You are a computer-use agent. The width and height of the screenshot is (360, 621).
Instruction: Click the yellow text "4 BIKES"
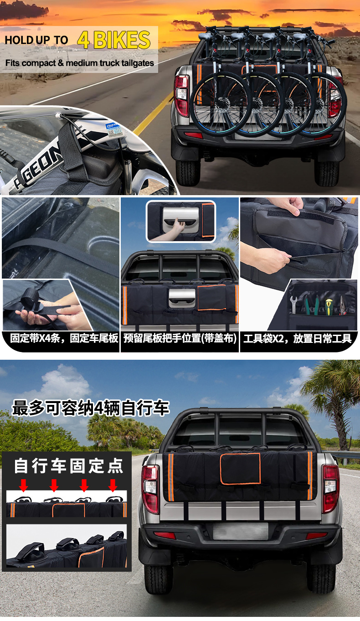tap(113, 40)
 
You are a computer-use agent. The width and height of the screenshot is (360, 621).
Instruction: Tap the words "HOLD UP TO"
tap(36, 40)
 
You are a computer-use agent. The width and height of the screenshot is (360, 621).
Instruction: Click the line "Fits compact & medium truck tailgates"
tap(80, 63)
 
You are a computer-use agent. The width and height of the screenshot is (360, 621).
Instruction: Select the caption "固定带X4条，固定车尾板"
tap(60, 339)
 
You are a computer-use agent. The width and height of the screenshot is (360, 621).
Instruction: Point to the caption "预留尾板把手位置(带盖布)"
tap(180, 339)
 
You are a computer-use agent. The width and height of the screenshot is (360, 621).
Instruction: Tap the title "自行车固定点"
tap(68, 466)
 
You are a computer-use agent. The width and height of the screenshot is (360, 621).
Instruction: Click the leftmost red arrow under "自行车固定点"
tap(24, 486)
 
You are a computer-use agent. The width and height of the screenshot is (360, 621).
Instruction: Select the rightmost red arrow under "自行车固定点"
tap(113, 486)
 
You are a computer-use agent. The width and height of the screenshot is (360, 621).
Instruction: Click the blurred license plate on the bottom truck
tap(240, 531)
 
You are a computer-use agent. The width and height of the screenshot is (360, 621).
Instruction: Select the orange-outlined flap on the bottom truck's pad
tap(240, 469)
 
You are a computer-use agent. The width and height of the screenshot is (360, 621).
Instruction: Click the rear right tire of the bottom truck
tap(321, 577)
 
